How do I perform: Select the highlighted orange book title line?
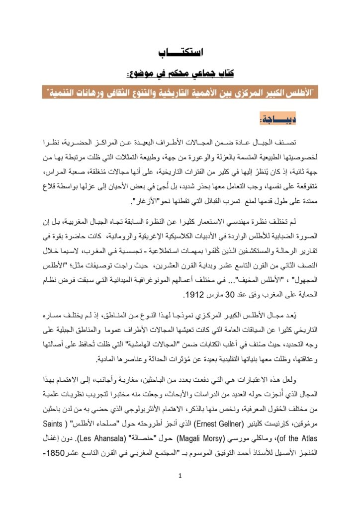[x=180, y=93]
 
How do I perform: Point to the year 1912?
[x=194, y=295]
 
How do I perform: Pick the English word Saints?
[x=59, y=425]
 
